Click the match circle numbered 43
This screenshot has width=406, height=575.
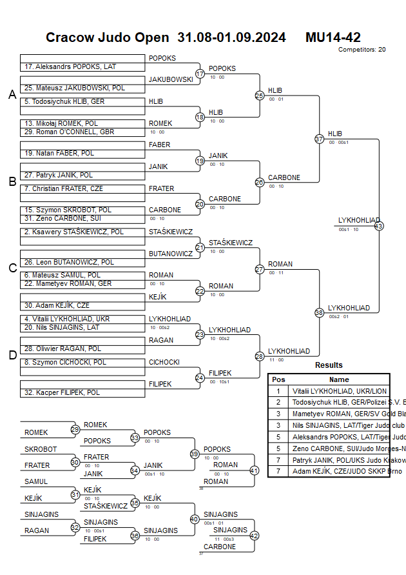click(x=379, y=226)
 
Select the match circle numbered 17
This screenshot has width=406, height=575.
click(x=200, y=74)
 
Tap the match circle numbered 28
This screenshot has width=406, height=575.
click(x=260, y=356)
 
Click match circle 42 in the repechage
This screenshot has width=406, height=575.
click(x=254, y=535)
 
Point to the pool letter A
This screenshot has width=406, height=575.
click(x=12, y=95)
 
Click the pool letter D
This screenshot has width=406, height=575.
click(x=12, y=354)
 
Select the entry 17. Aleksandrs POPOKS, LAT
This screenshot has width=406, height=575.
click(x=65, y=66)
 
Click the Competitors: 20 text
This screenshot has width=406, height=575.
click(x=362, y=49)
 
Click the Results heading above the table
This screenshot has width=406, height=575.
click(x=329, y=365)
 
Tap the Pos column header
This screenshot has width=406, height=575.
click(x=278, y=379)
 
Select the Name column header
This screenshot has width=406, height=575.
click(x=339, y=379)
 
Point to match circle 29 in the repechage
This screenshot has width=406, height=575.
click(x=75, y=429)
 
